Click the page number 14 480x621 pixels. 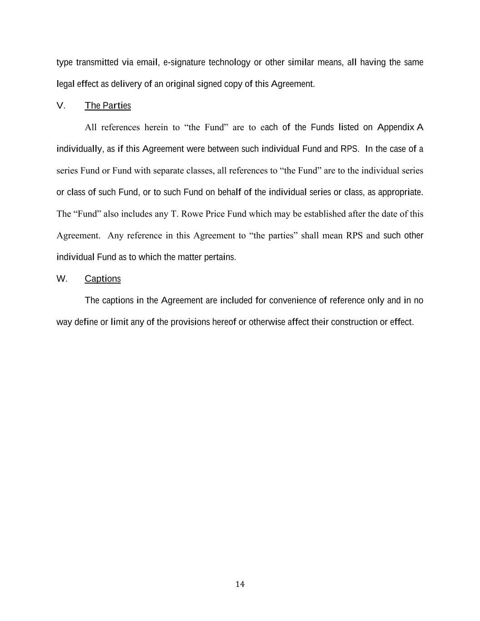click(240, 584)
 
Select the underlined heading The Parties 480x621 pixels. click(108, 106)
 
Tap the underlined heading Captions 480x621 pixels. click(103, 278)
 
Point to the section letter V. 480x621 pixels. click(61, 106)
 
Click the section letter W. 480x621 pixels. click(62, 278)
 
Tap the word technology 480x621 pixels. click(229, 62)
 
